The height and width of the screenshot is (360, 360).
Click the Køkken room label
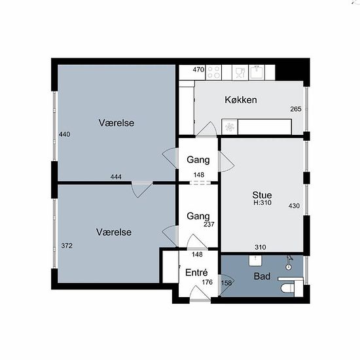tap(241, 100)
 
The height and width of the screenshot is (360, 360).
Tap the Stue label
tap(262, 195)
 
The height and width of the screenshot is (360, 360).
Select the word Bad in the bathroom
tap(262, 276)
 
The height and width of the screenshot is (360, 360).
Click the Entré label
tap(196, 272)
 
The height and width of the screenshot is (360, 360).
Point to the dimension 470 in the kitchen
tap(198, 69)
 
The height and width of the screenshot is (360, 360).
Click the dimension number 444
tap(116, 177)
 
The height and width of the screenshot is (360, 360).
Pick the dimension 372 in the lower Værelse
tap(67, 245)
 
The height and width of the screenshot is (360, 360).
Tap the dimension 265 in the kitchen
tap(296, 109)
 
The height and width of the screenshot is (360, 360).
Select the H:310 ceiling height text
tap(262, 202)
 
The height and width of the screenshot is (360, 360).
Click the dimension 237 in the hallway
tap(209, 225)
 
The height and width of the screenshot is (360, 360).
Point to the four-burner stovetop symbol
tap(213, 73)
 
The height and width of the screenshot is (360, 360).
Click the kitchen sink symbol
tap(257, 72)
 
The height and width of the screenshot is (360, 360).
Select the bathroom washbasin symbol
tap(255, 261)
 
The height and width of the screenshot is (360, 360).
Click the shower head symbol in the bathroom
tap(289, 262)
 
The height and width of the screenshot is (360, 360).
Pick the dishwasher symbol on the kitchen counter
tap(240, 73)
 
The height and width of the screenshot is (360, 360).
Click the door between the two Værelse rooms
tap(142, 190)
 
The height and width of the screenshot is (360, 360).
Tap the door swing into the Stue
tap(226, 162)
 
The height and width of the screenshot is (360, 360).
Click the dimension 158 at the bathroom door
tap(226, 283)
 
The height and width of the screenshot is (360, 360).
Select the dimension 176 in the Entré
tap(207, 282)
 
